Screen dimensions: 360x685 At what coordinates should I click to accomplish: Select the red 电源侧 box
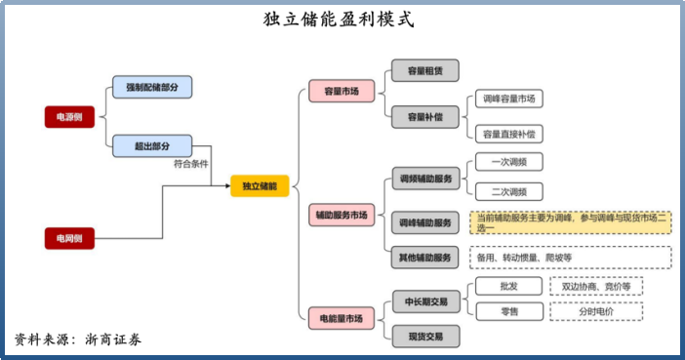[69, 118]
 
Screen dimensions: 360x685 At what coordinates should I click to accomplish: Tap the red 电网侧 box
[69, 238]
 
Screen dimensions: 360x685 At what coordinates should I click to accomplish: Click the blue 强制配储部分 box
[152, 88]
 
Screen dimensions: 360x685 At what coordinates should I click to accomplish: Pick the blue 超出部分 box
[152, 147]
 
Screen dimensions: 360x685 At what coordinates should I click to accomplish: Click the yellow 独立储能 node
[260, 185]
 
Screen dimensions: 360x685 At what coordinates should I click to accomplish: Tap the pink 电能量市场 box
[342, 318]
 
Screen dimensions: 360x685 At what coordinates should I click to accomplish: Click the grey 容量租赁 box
[424, 70]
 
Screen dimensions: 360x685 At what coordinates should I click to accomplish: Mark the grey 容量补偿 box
[424, 117]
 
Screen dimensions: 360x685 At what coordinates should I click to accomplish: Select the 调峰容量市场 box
[508, 100]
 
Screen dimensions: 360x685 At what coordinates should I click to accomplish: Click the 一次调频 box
[508, 162]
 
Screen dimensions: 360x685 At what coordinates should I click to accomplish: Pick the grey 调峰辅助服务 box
[424, 222]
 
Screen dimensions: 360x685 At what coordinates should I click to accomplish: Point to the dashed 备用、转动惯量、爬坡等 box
[571, 258]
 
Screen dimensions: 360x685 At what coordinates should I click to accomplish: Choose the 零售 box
[508, 311]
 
